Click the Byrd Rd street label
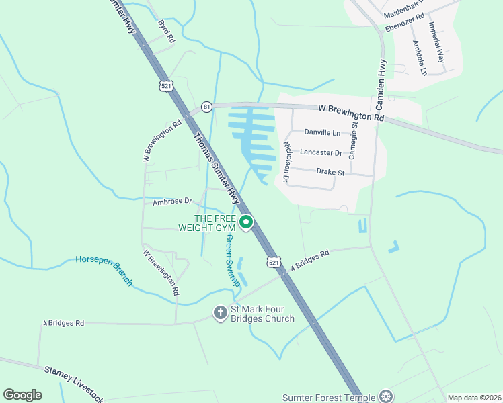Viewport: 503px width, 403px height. click(165, 32)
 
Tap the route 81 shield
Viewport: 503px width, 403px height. click(206, 107)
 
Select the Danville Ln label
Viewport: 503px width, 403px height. click(322, 132)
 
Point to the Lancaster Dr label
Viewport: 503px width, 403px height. click(321, 152)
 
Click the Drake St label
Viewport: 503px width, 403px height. click(330, 172)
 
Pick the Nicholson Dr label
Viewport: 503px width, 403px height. click(286, 162)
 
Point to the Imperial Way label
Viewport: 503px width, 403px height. click(437, 42)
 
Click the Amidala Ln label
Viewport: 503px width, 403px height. click(420, 57)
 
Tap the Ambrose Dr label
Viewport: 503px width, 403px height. click(172, 201)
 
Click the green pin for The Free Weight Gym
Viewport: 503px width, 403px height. click(246, 222)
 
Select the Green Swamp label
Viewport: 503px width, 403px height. click(233, 261)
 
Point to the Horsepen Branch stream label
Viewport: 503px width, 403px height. click(104, 270)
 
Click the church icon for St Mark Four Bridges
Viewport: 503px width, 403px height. click(220, 312)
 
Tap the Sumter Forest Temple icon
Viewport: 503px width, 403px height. click(385, 397)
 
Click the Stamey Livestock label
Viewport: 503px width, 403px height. click(74, 380)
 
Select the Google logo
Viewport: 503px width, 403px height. click(22, 395)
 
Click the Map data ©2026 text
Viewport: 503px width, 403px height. click(473, 398)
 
